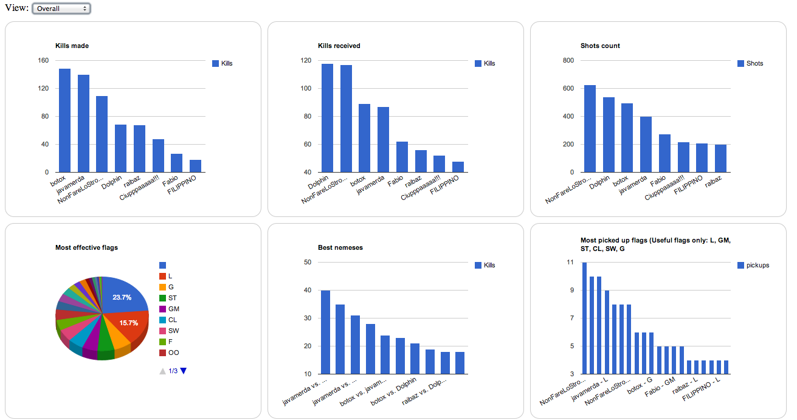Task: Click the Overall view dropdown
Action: (60, 9)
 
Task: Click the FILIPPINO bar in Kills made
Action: (195, 166)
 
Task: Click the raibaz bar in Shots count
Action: (720, 158)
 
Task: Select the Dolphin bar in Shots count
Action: (609, 134)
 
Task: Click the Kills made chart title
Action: (72, 46)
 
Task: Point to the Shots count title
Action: (600, 46)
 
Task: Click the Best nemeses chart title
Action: (340, 247)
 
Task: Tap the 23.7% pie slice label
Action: (122, 297)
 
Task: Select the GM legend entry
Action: (173, 309)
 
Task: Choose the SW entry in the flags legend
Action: (173, 331)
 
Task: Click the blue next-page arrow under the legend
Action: (184, 371)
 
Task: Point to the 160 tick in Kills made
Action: (43, 61)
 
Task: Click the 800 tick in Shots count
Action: (568, 61)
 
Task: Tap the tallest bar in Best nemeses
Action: (326, 332)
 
